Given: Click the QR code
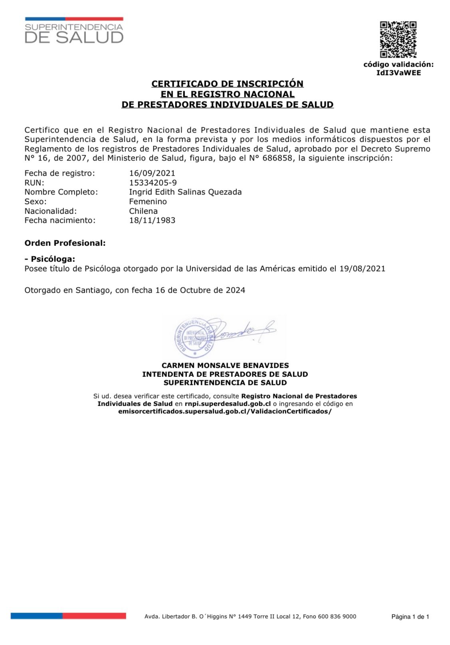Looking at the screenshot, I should [x=398, y=39].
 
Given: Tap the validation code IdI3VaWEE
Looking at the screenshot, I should [x=398, y=73].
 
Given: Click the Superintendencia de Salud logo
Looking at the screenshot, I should [x=74, y=31].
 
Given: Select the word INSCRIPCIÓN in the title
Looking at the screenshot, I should [x=270, y=84].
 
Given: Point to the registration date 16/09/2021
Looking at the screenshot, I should [x=152, y=173].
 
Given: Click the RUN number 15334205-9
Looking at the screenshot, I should [x=153, y=183].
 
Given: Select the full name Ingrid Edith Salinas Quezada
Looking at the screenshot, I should [x=185, y=192].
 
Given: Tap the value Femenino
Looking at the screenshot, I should [x=148, y=202].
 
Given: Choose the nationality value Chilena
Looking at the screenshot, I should [x=143, y=211].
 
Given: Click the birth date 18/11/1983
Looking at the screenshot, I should [x=152, y=220].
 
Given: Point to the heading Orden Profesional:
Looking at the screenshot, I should [x=65, y=243].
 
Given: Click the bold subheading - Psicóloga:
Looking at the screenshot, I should [x=50, y=259].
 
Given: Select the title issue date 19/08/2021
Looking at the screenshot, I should [x=362, y=269].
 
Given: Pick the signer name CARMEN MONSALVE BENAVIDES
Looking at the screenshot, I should [x=225, y=365].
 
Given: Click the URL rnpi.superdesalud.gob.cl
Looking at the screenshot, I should [x=228, y=404].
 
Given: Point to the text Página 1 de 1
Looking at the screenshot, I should [x=410, y=617].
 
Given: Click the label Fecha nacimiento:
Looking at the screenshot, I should [x=60, y=220].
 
